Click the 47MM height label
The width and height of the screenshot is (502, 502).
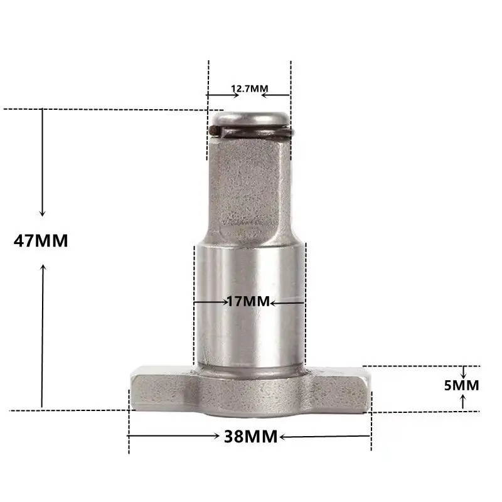41,241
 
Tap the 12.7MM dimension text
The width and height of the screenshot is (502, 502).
250,89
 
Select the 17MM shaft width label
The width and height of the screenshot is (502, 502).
248,302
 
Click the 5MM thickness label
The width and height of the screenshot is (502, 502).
462,385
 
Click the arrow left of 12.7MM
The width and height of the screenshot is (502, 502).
222,95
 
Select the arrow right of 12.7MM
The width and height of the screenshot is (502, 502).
276,95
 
